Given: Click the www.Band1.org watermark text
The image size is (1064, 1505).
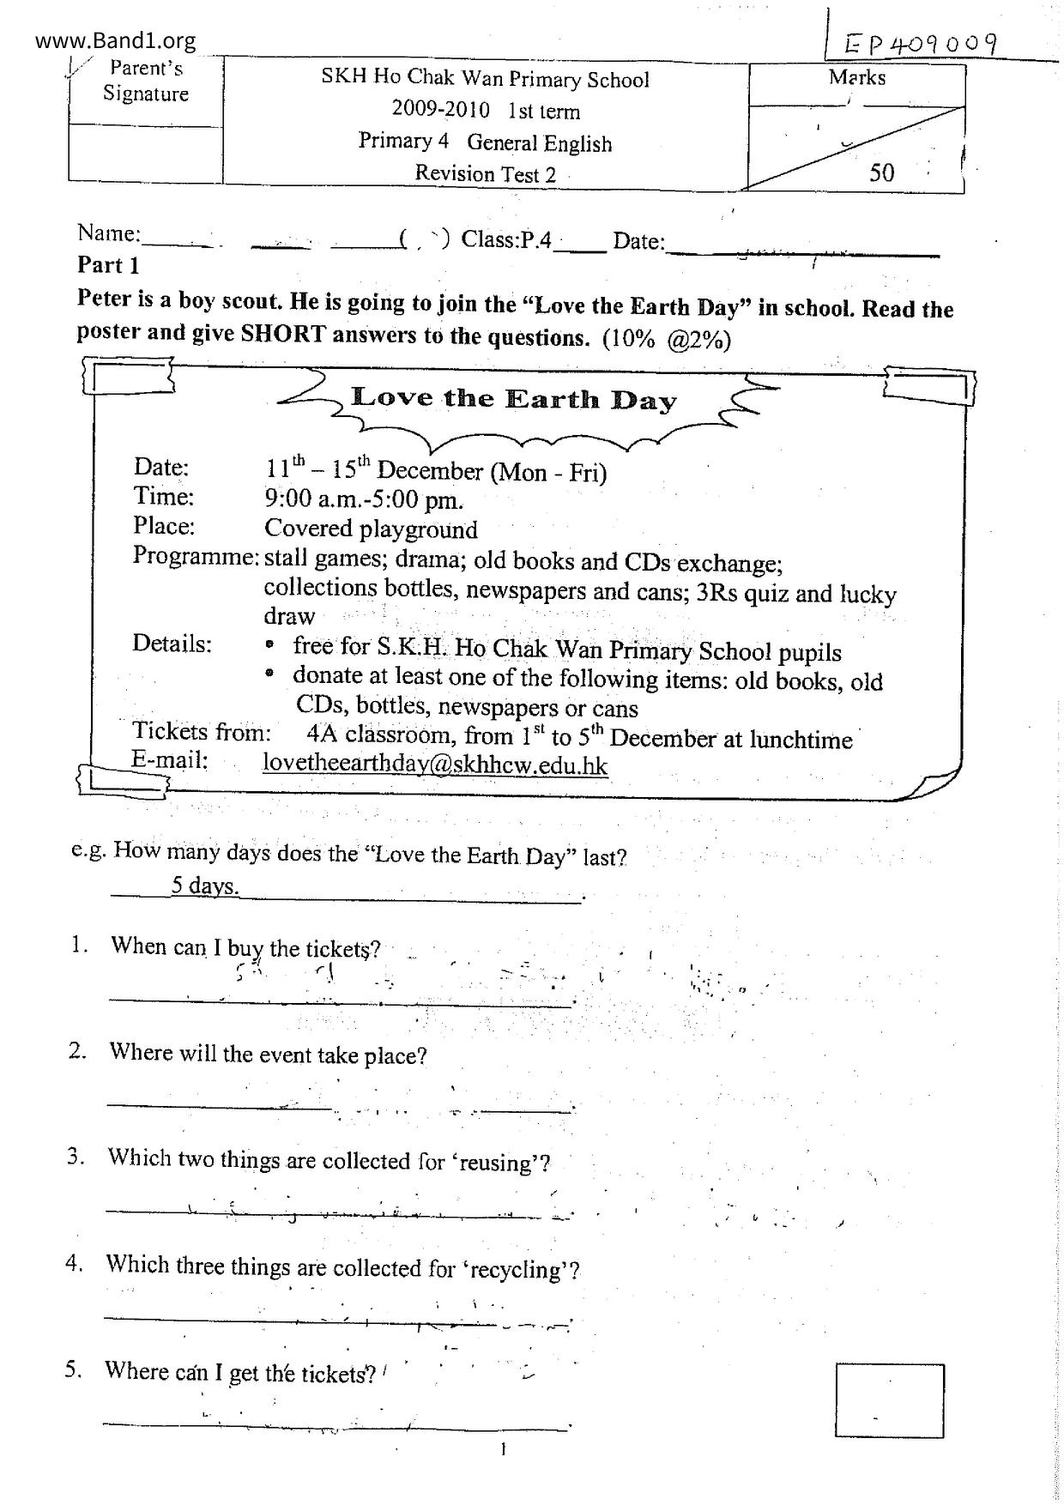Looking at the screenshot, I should point(116,40).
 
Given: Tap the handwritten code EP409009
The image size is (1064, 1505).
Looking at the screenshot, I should point(921,44).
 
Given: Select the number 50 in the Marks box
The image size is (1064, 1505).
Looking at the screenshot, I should point(881,172).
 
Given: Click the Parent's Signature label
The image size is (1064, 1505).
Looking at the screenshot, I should point(146,81).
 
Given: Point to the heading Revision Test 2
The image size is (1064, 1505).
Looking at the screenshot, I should point(485,174).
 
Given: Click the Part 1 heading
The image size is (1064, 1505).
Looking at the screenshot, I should point(108,265).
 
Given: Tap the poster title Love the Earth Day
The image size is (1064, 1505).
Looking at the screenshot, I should point(514,399).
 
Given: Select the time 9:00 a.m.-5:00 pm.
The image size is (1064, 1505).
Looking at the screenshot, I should point(364,499).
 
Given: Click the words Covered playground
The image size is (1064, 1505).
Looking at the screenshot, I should point(371,529).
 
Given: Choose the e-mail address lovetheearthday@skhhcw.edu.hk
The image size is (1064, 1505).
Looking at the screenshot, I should point(435,764).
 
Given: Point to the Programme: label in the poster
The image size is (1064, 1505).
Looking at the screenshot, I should point(196,556).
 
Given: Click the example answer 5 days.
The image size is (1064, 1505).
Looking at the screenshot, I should point(205,885).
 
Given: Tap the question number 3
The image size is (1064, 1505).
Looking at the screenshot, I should point(76,1157).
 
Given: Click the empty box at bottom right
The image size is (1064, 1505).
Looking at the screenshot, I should point(889,1399).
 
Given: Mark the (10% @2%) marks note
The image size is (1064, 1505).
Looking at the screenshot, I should point(666,340).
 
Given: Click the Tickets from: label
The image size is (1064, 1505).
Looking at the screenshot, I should point(202,732).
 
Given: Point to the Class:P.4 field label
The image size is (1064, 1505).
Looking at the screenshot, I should point(506,239).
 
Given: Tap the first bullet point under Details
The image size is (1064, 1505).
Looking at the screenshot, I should point(270,644).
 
